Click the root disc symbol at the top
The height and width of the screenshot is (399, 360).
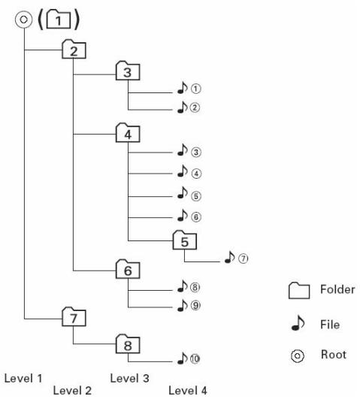24,20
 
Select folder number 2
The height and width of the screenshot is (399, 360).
74,49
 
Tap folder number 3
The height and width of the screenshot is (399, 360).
128,71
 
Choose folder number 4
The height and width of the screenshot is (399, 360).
128,133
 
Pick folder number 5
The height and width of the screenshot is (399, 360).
185,240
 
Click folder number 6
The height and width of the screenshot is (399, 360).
128,269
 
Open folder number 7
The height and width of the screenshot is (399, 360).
74,316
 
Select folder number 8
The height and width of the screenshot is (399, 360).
128,344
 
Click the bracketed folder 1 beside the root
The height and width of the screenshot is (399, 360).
59,19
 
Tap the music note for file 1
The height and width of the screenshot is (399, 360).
182,88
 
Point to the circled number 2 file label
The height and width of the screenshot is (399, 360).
195,107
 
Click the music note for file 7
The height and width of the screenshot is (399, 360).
230,257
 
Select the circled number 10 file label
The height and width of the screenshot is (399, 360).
195,358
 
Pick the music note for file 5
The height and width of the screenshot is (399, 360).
182,192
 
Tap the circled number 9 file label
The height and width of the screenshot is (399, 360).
195,305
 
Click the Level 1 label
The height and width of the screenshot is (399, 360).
23,379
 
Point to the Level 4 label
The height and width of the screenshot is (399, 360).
188,391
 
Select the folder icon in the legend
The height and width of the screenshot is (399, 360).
299,290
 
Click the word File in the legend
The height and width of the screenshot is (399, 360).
330,325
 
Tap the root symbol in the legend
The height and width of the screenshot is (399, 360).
298,355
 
